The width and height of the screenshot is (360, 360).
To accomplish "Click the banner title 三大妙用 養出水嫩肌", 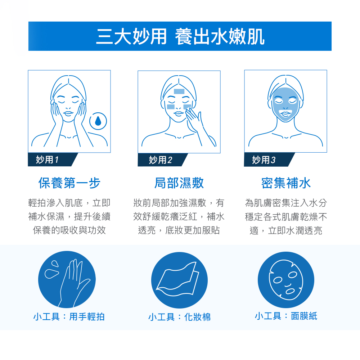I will pyautogui.click(x=180, y=36).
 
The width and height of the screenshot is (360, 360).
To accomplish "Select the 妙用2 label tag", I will pyautogui.click(x=159, y=160).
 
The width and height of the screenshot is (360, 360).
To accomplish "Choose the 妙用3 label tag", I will pyautogui.click(x=265, y=159).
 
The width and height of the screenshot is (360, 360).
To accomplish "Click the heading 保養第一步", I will pyautogui.click(x=69, y=183).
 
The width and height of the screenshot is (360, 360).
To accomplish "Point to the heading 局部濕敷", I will pyautogui.click(x=179, y=183).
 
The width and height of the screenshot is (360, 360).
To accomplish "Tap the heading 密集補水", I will pyautogui.click(x=286, y=183).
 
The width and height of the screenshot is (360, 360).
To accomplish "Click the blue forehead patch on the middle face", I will pyautogui.click(x=179, y=91).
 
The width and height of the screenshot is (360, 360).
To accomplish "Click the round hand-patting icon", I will pyautogui.click(x=67, y=279).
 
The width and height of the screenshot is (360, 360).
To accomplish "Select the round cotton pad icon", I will pyautogui.click(x=179, y=280).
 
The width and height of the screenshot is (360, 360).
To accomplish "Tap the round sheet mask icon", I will pyautogui.click(x=286, y=279).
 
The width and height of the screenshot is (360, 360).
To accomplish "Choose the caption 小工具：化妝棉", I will pyautogui.click(x=179, y=317).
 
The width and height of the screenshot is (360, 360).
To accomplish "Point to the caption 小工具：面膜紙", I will pyautogui.click(x=286, y=316).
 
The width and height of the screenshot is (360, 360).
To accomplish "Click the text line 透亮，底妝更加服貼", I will pyautogui.click(x=179, y=230).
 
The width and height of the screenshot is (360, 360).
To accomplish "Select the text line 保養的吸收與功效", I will pyautogui.click(x=69, y=230).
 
